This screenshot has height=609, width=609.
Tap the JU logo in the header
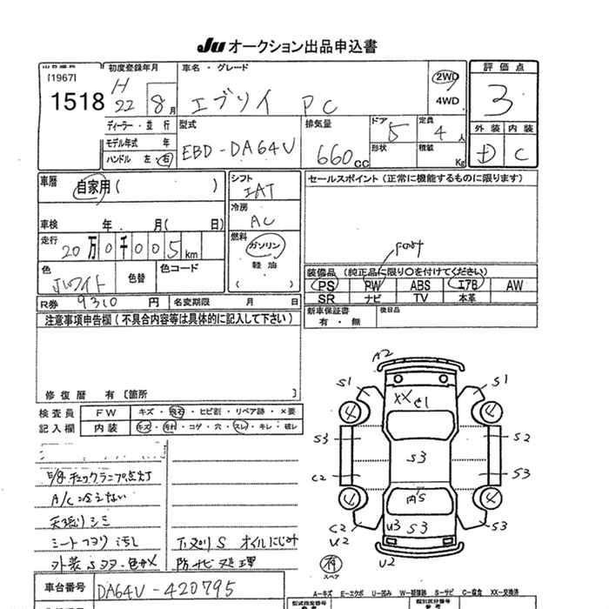(x=211, y=46)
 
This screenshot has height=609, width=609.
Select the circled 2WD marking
(x=445, y=77)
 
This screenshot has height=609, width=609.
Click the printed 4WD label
(x=445, y=100)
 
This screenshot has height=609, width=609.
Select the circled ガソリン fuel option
(x=265, y=247)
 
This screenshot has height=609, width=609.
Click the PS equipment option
(x=327, y=285)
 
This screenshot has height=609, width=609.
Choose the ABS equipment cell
(x=420, y=285)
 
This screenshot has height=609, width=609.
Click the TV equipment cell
(x=420, y=298)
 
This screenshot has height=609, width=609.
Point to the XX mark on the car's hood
(x=402, y=397)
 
